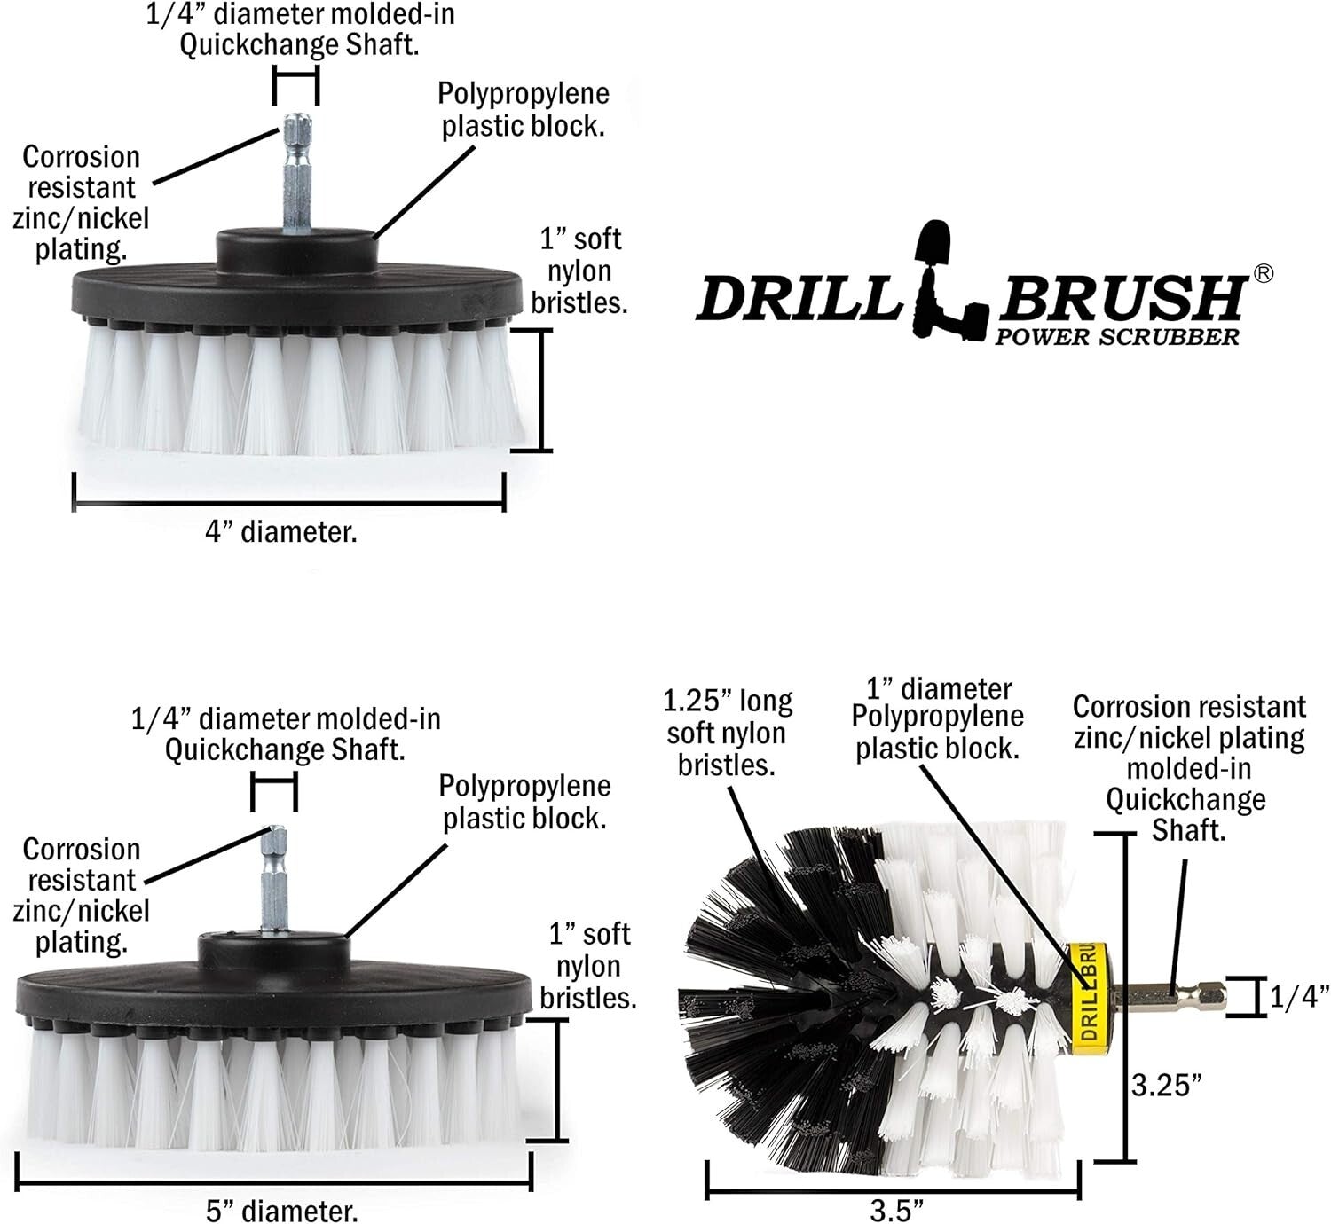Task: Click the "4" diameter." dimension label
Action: click(281, 532)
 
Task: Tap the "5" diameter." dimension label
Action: click(282, 1211)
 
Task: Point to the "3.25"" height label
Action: click(1167, 1084)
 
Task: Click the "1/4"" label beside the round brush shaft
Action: click(1298, 996)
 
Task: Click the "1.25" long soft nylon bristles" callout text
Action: click(728, 733)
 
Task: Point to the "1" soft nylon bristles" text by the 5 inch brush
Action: click(588, 965)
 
